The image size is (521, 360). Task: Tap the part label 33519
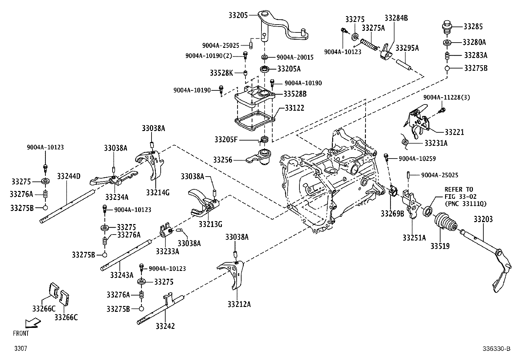[x=440, y=246]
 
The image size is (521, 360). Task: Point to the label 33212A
[x=239, y=304]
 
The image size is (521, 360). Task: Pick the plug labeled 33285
[x=447, y=26]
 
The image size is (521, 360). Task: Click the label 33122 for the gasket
[x=294, y=108]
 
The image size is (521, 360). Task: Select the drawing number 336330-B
[x=496, y=349]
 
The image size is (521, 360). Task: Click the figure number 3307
[x=20, y=349]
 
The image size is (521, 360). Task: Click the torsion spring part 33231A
[x=406, y=141]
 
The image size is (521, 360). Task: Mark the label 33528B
[x=295, y=94]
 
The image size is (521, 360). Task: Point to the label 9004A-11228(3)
[x=446, y=97]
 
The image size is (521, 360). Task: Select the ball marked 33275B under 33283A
[x=447, y=68]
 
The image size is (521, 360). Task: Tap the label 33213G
[x=210, y=224]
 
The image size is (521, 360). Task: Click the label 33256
[x=223, y=160]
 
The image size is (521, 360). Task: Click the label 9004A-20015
[x=295, y=57]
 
